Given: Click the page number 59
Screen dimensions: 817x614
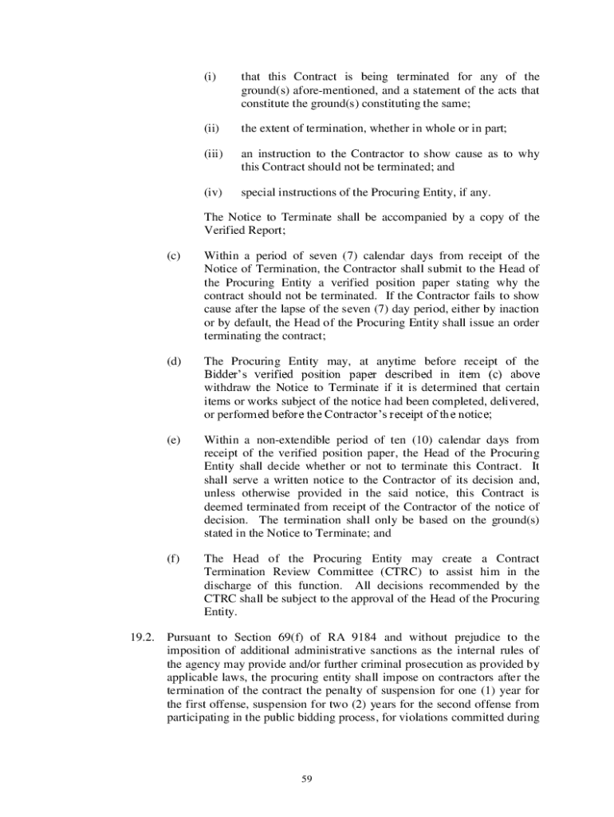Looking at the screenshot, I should (x=306, y=780).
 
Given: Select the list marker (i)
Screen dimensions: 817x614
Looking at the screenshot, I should (x=210, y=77).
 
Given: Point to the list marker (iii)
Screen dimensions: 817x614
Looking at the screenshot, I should (x=213, y=154).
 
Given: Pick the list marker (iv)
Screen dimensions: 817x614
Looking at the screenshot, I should (x=213, y=192).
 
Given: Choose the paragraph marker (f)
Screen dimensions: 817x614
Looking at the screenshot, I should (x=172, y=559).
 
